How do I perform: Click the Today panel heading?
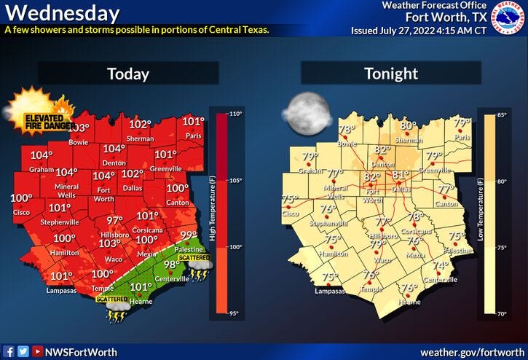tap(128, 74)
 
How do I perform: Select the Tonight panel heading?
tap(390, 74)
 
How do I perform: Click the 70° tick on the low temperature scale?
tap(503, 313)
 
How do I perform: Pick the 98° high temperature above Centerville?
tap(171, 265)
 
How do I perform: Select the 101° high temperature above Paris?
tap(193, 122)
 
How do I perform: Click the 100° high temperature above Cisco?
tap(21, 198)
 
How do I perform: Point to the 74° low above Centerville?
tap(441, 266)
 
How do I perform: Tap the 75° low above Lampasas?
tap(330, 277)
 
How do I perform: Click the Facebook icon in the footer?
tap(9, 351)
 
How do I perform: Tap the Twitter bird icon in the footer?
tap(23, 351)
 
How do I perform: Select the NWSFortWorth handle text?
tap(81, 352)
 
